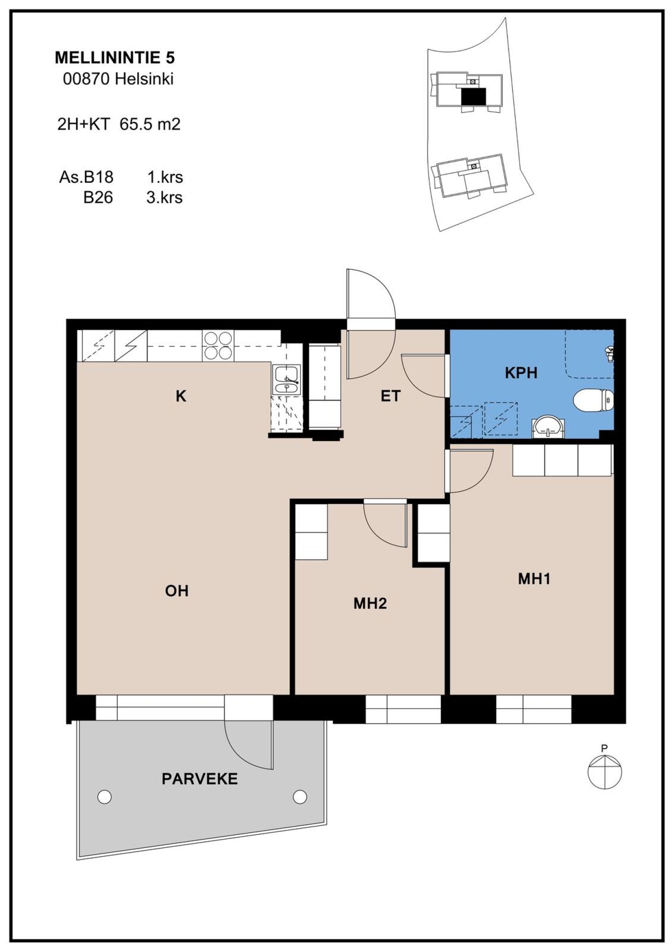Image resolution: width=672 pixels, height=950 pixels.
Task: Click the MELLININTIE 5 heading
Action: (115, 58)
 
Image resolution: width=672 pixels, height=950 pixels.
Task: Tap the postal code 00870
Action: (86, 79)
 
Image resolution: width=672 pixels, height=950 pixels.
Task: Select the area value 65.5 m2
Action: (150, 124)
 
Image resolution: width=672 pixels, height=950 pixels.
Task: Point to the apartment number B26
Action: (98, 197)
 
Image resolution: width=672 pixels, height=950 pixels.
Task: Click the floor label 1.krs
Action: (165, 177)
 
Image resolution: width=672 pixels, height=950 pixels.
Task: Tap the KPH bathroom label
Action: (521, 373)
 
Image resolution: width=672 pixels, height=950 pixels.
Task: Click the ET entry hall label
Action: (391, 396)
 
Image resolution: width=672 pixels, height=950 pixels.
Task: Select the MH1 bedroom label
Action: (534, 579)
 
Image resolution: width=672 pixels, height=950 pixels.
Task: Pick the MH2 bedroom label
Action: (370, 603)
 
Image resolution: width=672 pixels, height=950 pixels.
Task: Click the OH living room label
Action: (177, 591)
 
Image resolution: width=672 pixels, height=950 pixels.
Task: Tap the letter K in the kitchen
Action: (181, 396)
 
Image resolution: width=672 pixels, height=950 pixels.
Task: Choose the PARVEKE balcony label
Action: (200, 779)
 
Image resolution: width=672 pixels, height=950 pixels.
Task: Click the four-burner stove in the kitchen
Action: (218, 346)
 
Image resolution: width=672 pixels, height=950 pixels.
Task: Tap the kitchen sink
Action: (287, 381)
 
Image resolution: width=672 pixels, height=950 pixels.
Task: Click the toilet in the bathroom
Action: (593, 401)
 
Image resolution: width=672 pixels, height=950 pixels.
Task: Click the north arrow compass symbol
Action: (605, 772)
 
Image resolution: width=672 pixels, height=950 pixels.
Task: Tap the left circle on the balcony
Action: (105, 797)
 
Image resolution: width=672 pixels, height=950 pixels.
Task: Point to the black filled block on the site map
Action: (474, 97)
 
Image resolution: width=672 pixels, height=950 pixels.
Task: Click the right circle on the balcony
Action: (300, 797)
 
